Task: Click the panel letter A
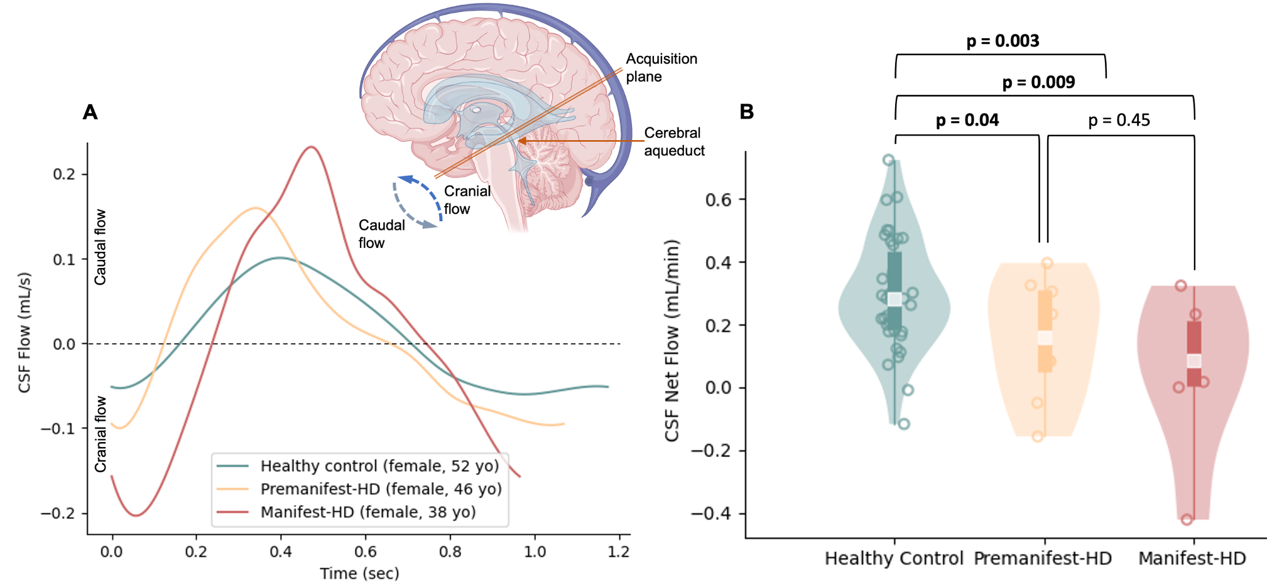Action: (x=90, y=112)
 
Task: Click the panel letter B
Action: (x=746, y=112)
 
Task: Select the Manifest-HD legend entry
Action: (x=368, y=512)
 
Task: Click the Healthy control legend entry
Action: (x=379, y=466)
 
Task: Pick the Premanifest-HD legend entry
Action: (x=381, y=489)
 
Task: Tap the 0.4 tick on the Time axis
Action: (x=280, y=551)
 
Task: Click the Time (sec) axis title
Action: (x=359, y=573)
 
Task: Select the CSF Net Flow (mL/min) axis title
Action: (x=671, y=340)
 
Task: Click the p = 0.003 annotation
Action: (x=1003, y=41)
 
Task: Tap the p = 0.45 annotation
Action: (x=1119, y=120)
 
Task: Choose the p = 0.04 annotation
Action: (x=967, y=120)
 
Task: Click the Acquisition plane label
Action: (x=661, y=67)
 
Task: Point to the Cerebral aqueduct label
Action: (x=674, y=141)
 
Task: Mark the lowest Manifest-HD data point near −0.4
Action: (x=1187, y=519)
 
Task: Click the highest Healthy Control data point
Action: (x=888, y=160)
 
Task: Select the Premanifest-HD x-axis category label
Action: (x=1043, y=558)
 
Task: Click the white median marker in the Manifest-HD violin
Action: (x=1193, y=360)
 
